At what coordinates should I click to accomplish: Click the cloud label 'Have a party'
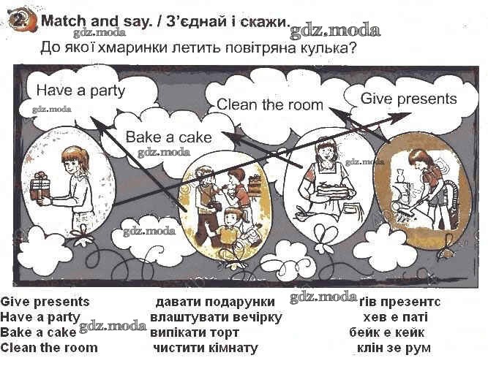click(x=80, y=91)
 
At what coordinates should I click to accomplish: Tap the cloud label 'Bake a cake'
click(x=168, y=137)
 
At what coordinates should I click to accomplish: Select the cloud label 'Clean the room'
click(x=269, y=104)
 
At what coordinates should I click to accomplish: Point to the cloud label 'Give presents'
click(x=408, y=99)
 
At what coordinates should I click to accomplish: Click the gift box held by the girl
click(x=41, y=187)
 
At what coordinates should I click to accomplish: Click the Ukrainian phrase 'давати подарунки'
click(x=215, y=302)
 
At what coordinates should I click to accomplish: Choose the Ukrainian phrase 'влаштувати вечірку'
click(x=215, y=318)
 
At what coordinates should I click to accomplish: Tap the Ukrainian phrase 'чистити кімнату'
click(x=206, y=348)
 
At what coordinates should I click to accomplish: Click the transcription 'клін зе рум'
click(x=393, y=348)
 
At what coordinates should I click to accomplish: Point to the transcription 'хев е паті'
click(x=395, y=318)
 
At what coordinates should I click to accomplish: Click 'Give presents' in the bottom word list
click(x=45, y=302)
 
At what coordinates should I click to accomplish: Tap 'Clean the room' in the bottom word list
click(x=49, y=348)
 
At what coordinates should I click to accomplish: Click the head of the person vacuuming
click(x=418, y=159)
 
